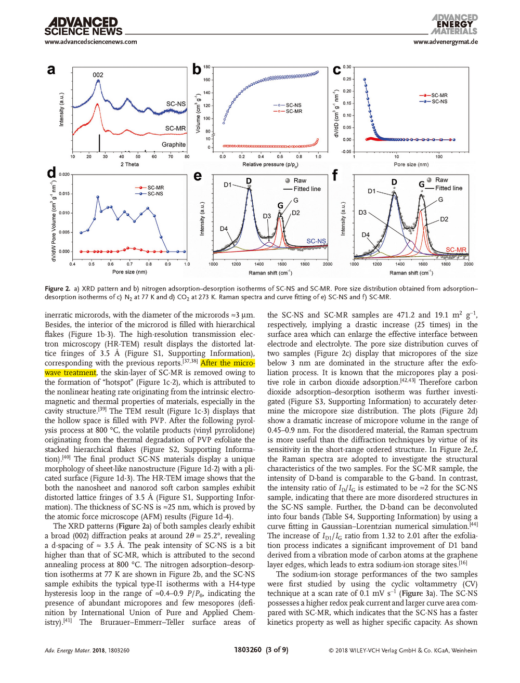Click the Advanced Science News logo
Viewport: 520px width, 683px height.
(x=83, y=27)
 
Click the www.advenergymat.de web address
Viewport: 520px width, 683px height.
(x=446, y=42)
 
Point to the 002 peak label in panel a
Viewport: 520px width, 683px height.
(x=98, y=75)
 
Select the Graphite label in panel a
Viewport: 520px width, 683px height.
(x=173, y=145)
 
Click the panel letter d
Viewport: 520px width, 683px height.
(x=51, y=174)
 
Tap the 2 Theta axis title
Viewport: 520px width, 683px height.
(x=129, y=164)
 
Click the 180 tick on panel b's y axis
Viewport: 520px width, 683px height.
(x=207, y=67)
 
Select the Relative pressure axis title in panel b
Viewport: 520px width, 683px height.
(x=270, y=164)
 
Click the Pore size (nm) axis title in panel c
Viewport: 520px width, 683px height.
(x=411, y=164)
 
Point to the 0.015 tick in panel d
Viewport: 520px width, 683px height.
(x=64, y=193)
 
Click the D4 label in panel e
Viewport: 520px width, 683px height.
(x=224, y=229)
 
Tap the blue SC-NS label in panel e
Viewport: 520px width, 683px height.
(x=316, y=241)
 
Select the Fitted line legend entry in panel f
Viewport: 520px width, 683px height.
(x=448, y=188)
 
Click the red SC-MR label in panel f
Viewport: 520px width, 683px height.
(x=456, y=250)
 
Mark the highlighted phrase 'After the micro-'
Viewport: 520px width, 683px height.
(x=228, y=363)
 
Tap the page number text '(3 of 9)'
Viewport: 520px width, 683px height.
(x=277, y=650)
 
